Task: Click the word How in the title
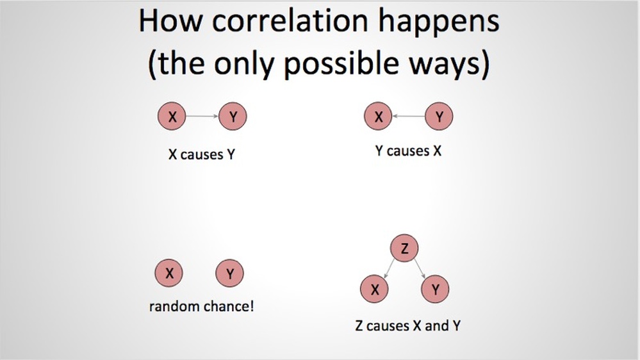coord(170,20)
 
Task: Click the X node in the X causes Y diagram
coord(172,117)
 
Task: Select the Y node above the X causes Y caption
coord(233,117)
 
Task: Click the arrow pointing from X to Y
coord(202,117)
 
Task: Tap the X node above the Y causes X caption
coord(378,117)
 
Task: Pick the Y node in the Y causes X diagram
coord(439,117)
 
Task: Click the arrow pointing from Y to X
coord(408,117)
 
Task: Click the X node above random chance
coord(168,273)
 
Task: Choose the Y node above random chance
coord(229,273)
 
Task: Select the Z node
coord(404,248)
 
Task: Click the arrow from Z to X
coord(390,269)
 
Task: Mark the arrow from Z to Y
coord(420,269)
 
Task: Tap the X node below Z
coord(374,289)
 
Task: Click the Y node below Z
coord(435,289)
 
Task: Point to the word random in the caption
coord(175,306)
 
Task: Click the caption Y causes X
coord(408,151)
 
